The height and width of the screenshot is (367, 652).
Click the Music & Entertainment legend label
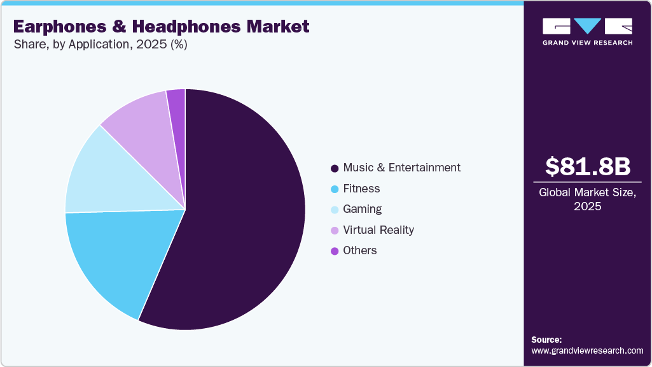pyautogui.click(x=401, y=168)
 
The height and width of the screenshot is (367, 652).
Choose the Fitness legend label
pyautogui.click(x=361, y=189)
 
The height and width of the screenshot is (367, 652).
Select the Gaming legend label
pyautogui.click(x=362, y=209)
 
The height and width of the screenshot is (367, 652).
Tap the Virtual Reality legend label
pyautogui.click(x=378, y=229)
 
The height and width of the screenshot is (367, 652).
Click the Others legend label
pyautogui.click(x=360, y=250)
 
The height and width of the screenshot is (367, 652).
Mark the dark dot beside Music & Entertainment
pyautogui.click(x=335, y=168)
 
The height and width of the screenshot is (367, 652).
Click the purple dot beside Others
pyautogui.click(x=335, y=251)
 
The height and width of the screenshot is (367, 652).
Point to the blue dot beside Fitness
pyautogui.click(x=335, y=189)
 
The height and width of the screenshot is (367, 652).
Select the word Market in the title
pyautogui.click(x=279, y=26)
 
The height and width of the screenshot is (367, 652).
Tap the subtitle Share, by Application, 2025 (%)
pyautogui.click(x=101, y=45)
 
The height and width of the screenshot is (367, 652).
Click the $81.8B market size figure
pyautogui.click(x=588, y=166)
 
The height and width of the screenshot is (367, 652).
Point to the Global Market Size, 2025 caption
pyautogui.click(x=588, y=199)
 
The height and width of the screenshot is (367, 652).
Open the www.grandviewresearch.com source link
pyautogui.click(x=587, y=350)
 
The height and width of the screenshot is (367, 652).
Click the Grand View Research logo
pyautogui.click(x=587, y=31)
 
